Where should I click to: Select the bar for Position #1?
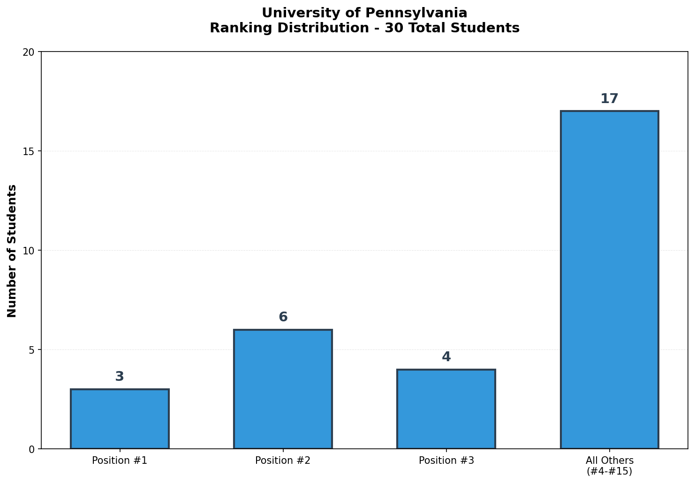click(x=120, y=419)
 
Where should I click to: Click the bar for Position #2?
click(x=283, y=389)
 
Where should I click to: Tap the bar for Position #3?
click(x=446, y=409)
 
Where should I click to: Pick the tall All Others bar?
click(x=609, y=280)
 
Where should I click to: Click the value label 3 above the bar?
click(x=120, y=377)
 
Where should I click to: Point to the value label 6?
click(x=283, y=317)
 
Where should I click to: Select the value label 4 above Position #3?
click(x=446, y=357)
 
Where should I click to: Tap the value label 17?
click(x=609, y=99)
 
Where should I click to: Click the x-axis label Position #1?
click(x=120, y=461)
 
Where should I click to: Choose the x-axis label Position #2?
click(x=283, y=461)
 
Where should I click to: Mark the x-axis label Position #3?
click(x=446, y=461)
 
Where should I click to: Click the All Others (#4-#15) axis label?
click(x=609, y=465)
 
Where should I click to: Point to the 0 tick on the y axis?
click(x=32, y=449)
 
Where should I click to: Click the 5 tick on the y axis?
click(x=32, y=350)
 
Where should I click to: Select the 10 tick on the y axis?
click(x=29, y=251)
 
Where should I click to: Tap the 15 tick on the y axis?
click(x=29, y=151)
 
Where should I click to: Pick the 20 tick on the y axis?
click(x=29, y=52)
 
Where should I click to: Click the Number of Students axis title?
click(x=12, y=251)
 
